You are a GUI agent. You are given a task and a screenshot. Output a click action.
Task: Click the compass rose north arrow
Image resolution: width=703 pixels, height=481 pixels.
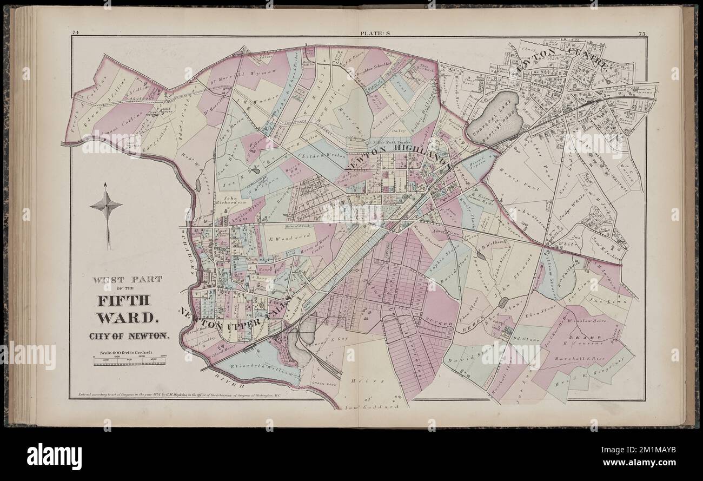point(107,206)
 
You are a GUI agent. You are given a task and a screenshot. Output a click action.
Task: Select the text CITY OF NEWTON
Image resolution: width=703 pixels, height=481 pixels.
point(129,335)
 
